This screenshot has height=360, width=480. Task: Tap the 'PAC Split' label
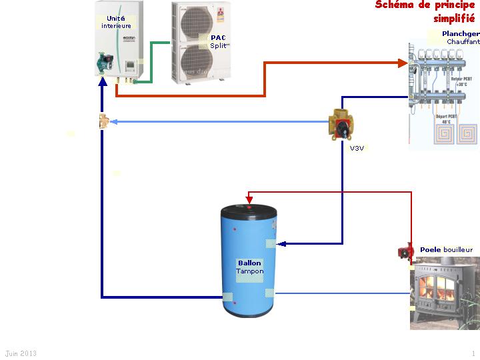pos(218,41)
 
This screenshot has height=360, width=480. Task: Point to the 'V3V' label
pos(357,148)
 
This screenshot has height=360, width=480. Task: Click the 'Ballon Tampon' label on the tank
pos(250,267)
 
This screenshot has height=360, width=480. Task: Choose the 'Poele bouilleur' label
pos(446,249)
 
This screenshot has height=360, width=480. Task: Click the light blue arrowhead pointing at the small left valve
pos(113,122)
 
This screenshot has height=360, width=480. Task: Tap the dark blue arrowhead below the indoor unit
pos(102,81)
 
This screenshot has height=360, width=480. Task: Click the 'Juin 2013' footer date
pos(21,353)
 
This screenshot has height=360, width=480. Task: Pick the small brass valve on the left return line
pos(103,122)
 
